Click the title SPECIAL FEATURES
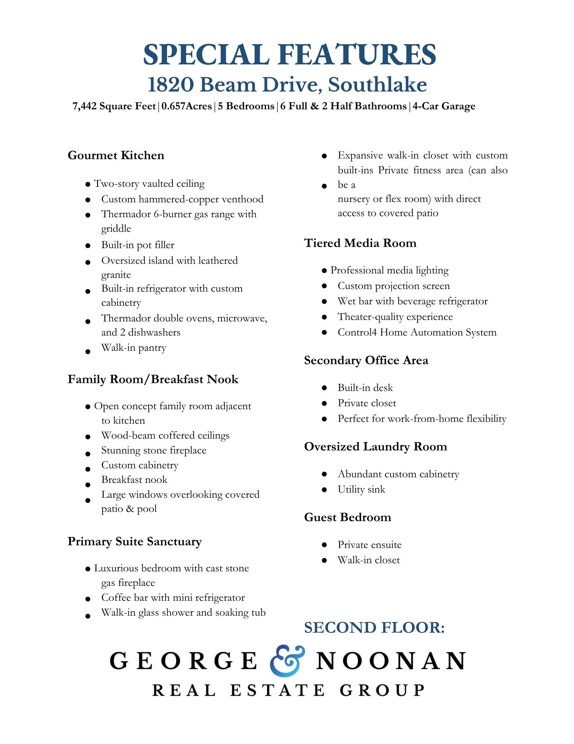pos(289,55)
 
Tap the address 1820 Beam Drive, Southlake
pos(287,85)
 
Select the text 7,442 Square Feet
pos(114,106)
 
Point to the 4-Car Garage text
pos(444,106)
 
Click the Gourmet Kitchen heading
pos(116,155)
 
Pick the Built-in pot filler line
pos(137,245)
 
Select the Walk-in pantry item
pos(134,348)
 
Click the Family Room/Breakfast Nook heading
pos(153,379)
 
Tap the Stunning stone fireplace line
pos(154,450)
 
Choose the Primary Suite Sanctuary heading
pos(134,542)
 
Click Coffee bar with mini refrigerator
pos(173,598)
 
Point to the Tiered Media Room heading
pos(360,243)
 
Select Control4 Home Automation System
pos(417,332)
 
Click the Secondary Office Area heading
pos(366,360)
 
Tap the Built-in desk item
pos(365,388)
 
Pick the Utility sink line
pos(361,490)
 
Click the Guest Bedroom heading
pos(347,517)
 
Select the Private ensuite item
pos(369,545)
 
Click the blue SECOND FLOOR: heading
pos(374,628)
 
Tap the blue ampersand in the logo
pos(287,660)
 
